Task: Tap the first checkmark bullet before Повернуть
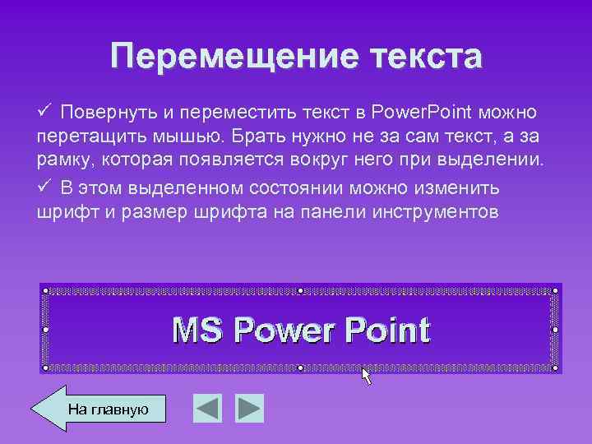coord(45,110)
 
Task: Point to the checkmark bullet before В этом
coord(45,187)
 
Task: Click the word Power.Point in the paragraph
coord(417,112)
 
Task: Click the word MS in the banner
coord(197,331)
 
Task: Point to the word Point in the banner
coord(387,331)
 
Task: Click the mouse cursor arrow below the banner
coord(366,377)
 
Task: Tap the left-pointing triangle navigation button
coord(208,408)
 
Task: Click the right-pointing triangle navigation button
coord(249,408)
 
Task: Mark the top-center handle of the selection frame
coord(301,290)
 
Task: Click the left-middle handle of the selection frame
coord(46,329)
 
